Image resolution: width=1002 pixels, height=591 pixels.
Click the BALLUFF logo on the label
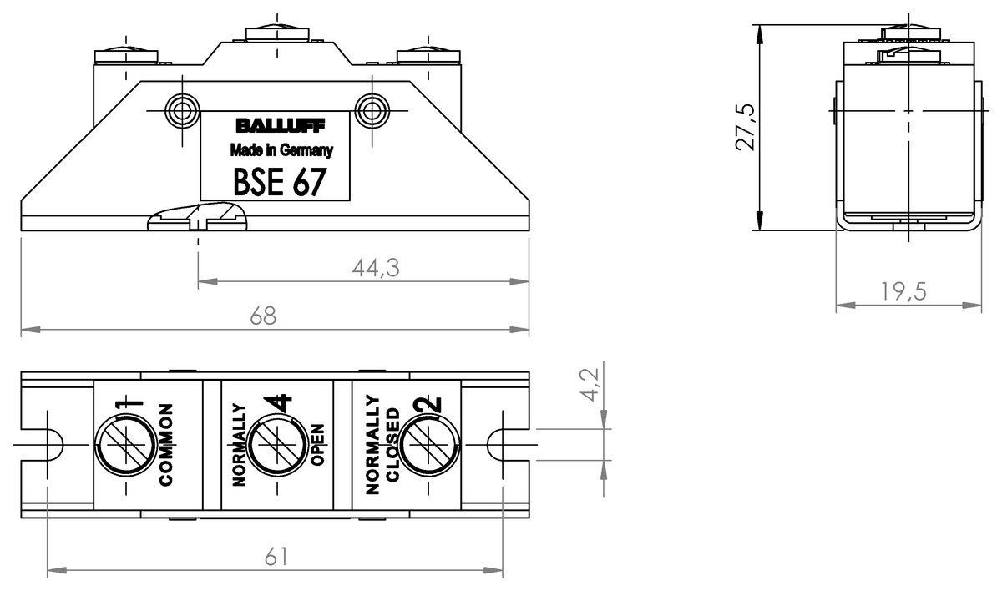(281, 126)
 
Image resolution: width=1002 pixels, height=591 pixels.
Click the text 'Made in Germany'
(281, 150)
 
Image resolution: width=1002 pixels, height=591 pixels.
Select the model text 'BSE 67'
(280, 182)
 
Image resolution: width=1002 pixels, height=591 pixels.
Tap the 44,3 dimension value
(375, 268)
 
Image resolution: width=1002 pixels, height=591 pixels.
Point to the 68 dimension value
(263, 316)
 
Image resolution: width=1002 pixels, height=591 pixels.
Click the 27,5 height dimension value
(745, 128)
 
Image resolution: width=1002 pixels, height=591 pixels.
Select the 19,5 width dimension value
(903, 291)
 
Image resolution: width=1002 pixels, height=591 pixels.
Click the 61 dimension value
(276, 557)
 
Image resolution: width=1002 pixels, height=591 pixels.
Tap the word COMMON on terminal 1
(166, 444)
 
